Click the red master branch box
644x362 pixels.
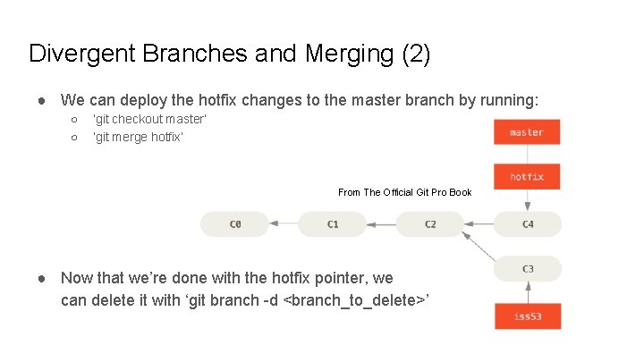527,132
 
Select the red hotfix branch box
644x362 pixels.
527,176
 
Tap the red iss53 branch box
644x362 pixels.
528,316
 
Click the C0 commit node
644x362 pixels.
234,224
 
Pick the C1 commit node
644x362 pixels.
332,224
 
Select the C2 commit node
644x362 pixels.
430,224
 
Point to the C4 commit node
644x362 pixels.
528,224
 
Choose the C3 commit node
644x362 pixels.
528,269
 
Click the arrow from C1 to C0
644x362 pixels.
283,224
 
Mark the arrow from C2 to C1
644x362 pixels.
381,224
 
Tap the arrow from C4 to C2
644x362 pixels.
479,224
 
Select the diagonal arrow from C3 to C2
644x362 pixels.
479,247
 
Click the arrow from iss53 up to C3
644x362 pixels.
528,292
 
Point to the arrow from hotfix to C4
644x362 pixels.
528,200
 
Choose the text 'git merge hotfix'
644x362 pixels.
138,137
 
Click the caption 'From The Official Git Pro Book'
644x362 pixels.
404,192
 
